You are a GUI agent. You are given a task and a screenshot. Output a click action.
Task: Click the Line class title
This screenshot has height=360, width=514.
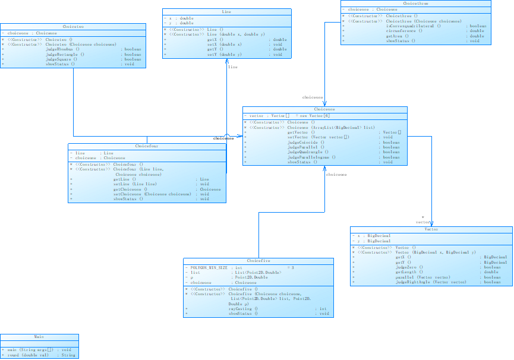[x=227, y=12]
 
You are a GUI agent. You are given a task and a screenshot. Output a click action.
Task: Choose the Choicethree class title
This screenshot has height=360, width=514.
[x=416, y=4]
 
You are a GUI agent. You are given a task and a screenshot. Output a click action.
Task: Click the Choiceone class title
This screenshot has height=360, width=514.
[x=324, y=109]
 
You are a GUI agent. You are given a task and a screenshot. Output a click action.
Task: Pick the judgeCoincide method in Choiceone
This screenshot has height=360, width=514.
[x=305, y=142]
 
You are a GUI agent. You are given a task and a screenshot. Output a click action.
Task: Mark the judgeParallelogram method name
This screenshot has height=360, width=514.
[x=311, y=157]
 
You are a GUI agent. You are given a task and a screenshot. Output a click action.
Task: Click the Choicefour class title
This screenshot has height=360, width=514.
[x=147, y=146]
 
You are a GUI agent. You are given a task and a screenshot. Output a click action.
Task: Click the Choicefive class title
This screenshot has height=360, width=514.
[x=258, y=261]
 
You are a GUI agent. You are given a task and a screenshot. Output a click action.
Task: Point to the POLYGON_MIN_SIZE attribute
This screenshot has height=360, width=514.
[x=207, y=268]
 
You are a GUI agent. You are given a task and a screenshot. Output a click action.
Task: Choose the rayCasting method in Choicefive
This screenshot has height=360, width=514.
[x=242, y=309]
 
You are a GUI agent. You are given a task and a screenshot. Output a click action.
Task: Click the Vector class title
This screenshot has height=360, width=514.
[x=431, y=229]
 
